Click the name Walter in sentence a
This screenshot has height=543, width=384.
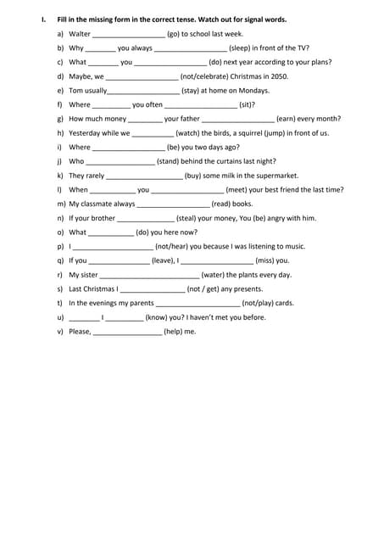(x=80, y=34)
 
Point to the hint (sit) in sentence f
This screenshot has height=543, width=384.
(x=247, y=105)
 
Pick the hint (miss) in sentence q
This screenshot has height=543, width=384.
(x=269, y=260)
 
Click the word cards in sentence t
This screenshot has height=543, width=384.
(x=284, y=303)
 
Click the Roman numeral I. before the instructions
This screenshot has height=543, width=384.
(x=31, y=19)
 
